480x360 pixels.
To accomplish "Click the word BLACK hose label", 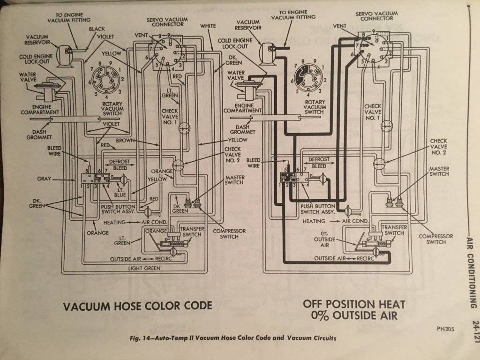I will (x=97, y=29).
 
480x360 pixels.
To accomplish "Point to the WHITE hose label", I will (x=208, y=26).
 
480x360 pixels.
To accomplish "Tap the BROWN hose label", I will (x=126, y=140).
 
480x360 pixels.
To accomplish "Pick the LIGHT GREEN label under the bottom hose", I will (x=144, y=268).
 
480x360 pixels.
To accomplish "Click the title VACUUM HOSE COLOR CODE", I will (x=137, y=306).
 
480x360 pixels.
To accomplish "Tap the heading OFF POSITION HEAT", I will (x=354, y=303).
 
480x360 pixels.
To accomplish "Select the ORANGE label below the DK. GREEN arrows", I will (x=97, y=232).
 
